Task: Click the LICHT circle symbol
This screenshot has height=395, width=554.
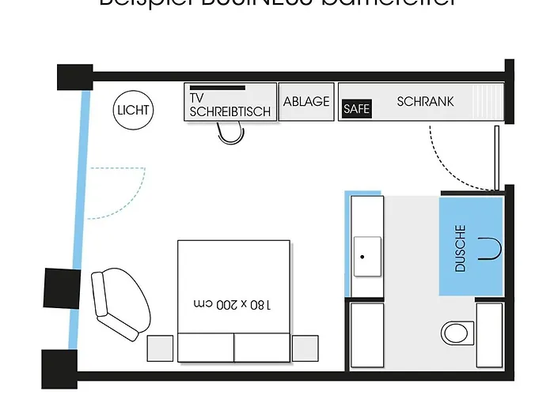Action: [133, 110]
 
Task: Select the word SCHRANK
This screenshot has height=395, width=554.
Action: [425, 101]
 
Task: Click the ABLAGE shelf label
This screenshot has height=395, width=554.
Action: [306, 101]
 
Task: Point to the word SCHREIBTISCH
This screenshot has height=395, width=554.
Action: [230, 112]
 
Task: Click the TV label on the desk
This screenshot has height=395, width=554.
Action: [197, 98]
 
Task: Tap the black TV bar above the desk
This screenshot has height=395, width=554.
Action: [218, 88]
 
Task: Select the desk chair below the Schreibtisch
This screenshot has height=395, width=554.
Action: [230, 136]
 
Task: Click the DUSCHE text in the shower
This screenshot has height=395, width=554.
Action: [461, 250]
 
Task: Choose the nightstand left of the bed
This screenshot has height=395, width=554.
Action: [161, 348]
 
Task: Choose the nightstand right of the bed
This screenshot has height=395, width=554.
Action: [305, 348]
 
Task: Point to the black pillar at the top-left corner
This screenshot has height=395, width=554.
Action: [76, 77]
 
